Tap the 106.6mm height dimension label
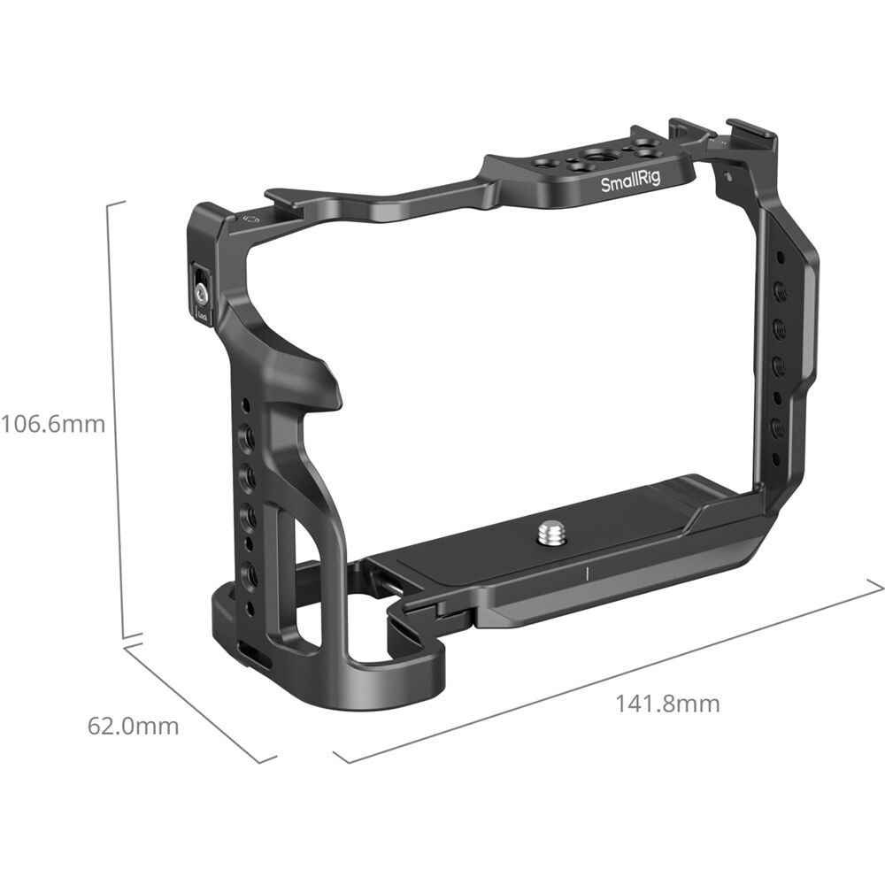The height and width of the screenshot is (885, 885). (x=53, y=424)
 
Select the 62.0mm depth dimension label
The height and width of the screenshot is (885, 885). (x=133, y=727)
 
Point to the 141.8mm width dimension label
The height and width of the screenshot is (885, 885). (x=667, y=704)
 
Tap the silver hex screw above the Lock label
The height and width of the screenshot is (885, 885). (x=202, y=289)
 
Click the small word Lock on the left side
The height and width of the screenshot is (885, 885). (x=202, y=313)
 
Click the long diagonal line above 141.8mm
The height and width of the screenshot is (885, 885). (x=611, y=673)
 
